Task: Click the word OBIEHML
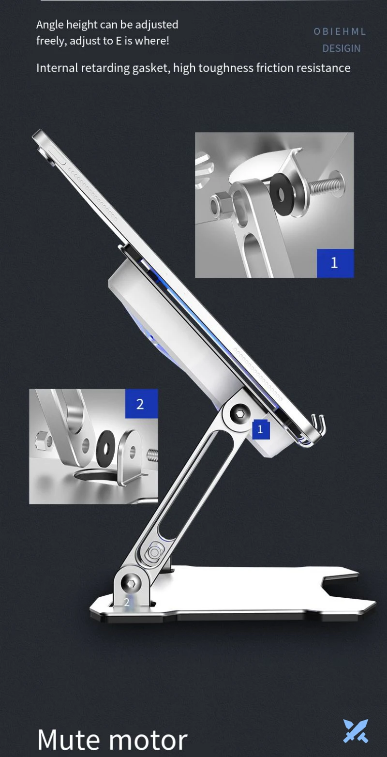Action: (340, 31)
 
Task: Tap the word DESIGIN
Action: (342, 48)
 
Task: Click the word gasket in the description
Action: (151, 68)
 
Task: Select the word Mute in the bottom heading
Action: (68, 740)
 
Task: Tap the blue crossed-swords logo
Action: (356, 731)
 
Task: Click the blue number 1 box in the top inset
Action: (335, 263)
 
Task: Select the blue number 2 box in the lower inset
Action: (141, 404)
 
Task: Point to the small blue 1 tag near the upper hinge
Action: (261, 429)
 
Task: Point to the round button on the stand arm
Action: (154, 553)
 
